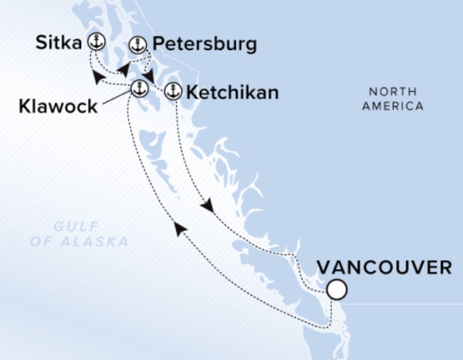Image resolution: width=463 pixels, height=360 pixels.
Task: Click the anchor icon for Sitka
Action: coord(96,42)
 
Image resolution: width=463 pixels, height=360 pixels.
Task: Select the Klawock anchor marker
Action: coord(138,86)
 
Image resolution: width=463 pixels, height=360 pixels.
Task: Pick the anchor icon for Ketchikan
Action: coord(173,91)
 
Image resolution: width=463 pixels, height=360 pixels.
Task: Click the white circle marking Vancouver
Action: coord(336,291)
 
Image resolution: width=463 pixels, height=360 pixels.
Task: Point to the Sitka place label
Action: coord(60,42)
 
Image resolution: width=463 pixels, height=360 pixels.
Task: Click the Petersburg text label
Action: coord(204,45)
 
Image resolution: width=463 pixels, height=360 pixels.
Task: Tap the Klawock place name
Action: coord(59,106)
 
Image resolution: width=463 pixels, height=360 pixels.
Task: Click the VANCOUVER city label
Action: coord(384,267)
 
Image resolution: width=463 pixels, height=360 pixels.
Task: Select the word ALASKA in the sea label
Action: coord(100,242)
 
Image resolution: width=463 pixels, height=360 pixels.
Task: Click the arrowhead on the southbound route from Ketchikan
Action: coord(207,207)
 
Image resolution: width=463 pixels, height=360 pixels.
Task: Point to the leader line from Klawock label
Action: coord(116,96)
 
